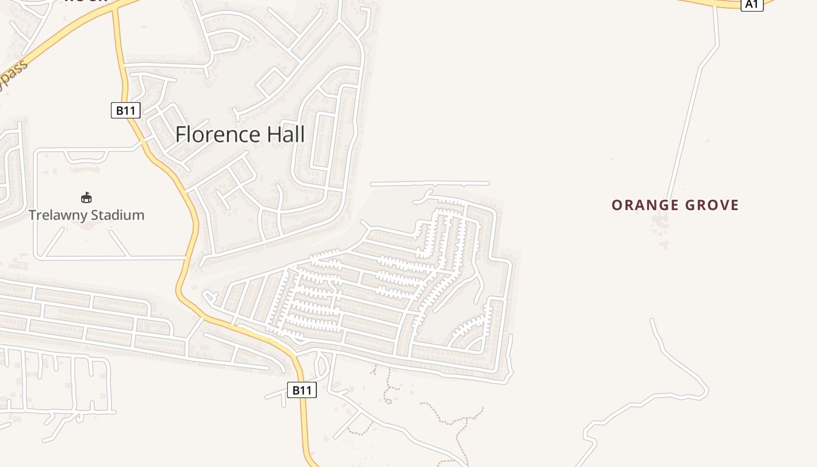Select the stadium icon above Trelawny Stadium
tap(86, 198)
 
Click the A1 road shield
tap(752, 4)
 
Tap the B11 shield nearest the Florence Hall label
tap(125, 110)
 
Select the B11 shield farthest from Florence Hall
tap(302, 390)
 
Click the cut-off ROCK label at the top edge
tap(86, 1)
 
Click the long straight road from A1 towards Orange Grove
tap(692, 105)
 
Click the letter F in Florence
tap(180, 135)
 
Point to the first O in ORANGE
tap(617, 205)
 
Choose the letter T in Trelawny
tap(33, 215)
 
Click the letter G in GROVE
tap(689, 205)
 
